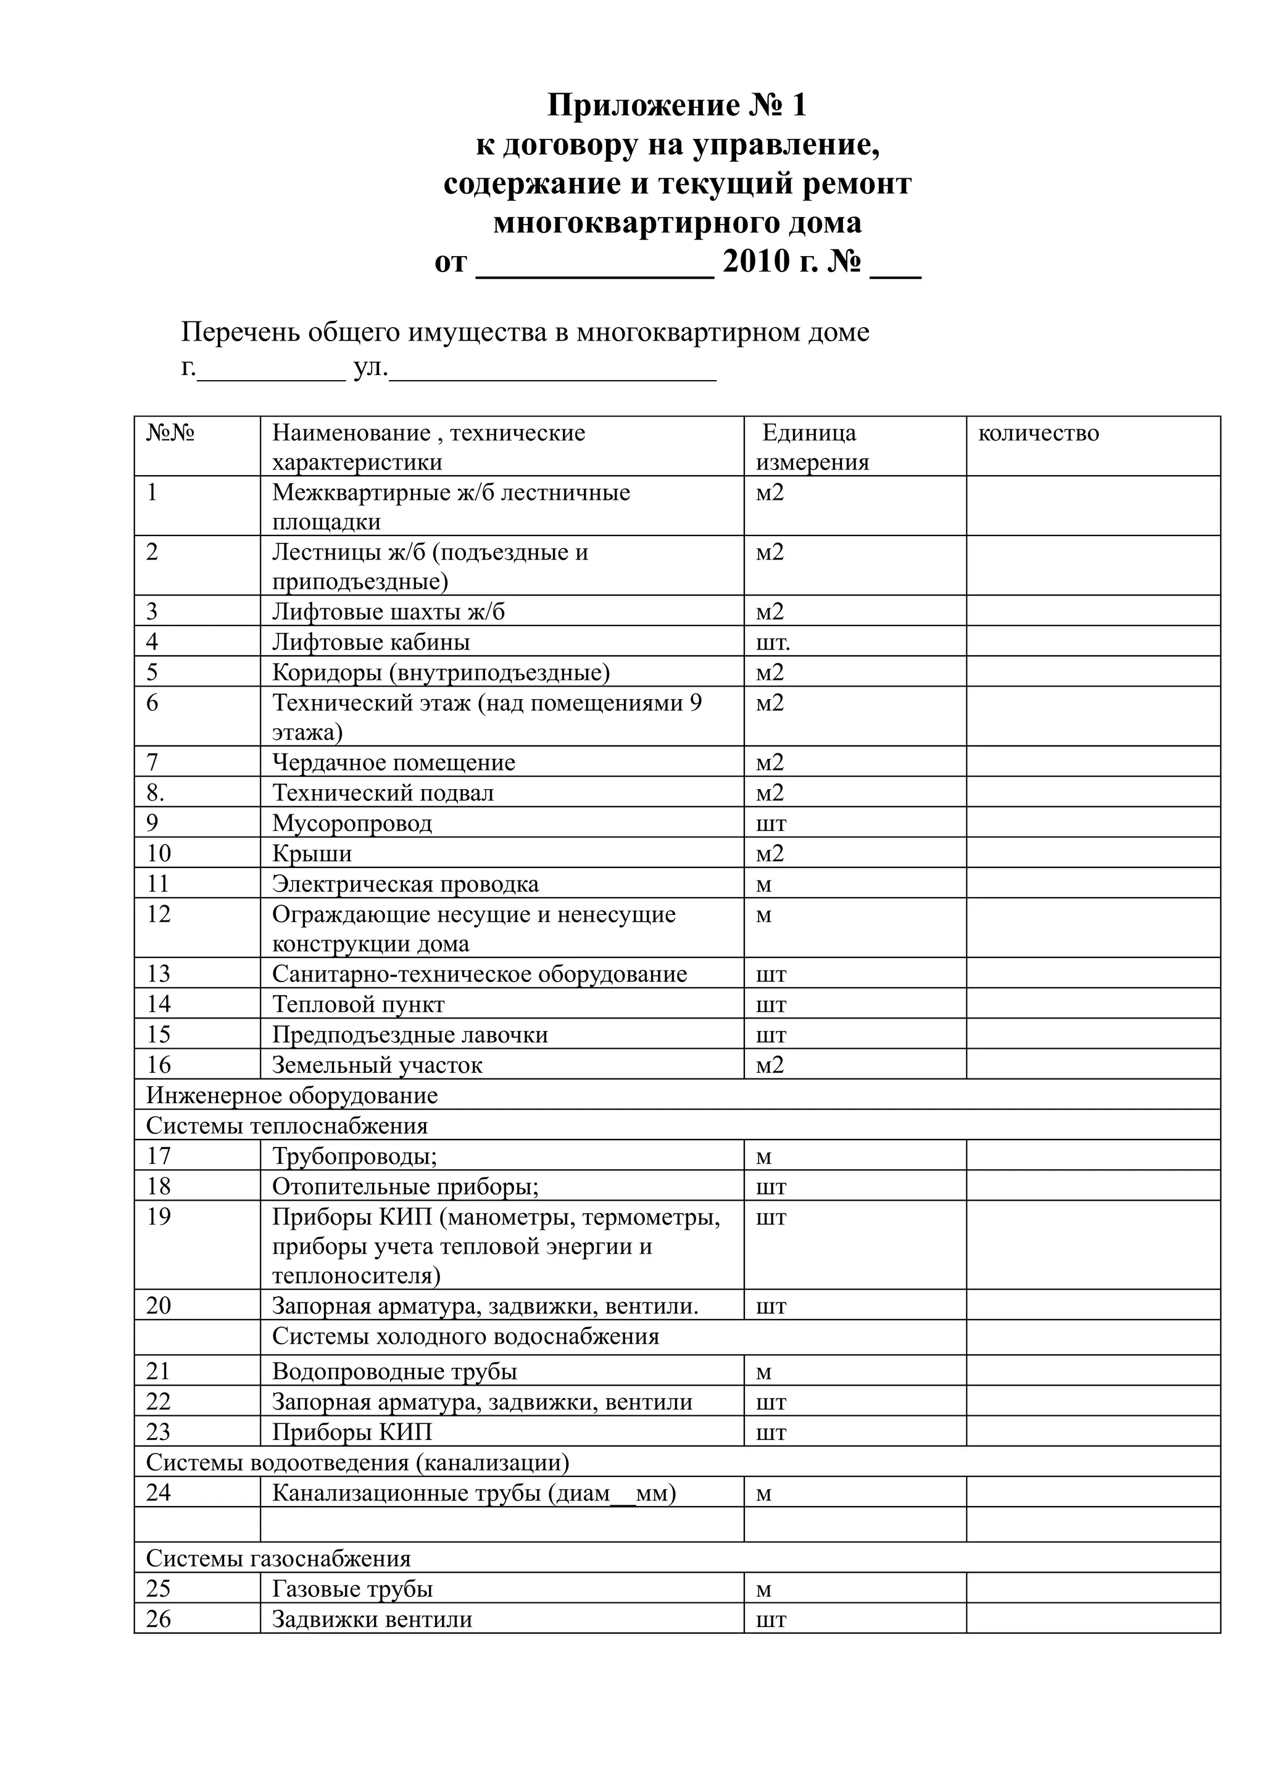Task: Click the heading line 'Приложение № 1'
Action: point(677,105)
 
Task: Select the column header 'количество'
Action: point(1038,433)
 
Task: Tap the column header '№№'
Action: point(170,433)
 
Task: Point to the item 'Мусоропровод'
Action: point(352,823)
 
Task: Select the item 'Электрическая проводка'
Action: point(405,885)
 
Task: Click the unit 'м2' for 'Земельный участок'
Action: point(770,1066)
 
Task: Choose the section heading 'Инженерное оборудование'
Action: point(292,1096)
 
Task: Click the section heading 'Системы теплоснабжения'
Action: point(286,1126)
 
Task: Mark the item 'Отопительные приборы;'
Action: point(405,1187)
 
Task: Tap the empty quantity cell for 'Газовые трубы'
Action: point(1092,1589)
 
